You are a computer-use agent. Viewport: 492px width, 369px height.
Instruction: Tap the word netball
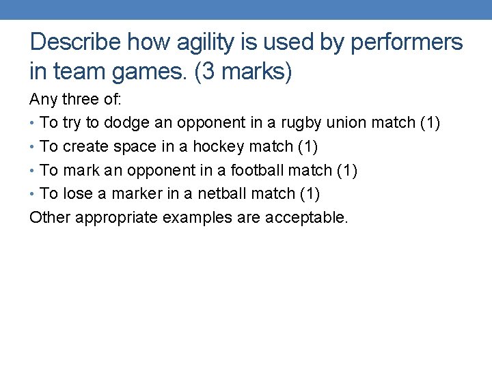click(222, 193)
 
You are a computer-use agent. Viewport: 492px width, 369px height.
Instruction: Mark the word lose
click(77, 193)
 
